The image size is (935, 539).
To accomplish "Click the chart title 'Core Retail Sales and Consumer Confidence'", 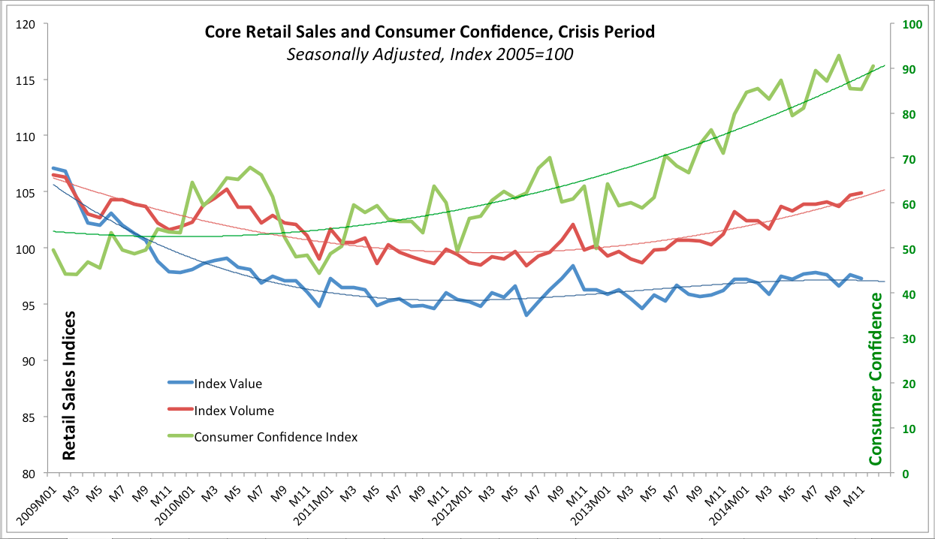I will pyautogui.click(x=430, y=32).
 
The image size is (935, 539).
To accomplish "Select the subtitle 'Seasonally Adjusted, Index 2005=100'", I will pyautogui.click(x=430, y=55).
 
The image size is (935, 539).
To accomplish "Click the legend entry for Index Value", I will pyautogui.click(x=228, y=384).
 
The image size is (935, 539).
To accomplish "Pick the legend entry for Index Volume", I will pyautogui.click(x=234, y=411).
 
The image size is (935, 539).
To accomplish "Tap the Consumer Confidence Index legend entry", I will pyautogui.click(x=275, y=437).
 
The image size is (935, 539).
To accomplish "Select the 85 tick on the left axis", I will pyautogui.click(x=31, y=417).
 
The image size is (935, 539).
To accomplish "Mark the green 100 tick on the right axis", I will pyautogui.click(x=912, y=24).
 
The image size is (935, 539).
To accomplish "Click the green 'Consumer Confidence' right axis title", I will pyautogui.click(x=876, y=378).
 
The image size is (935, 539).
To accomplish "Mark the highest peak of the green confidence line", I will pyautogui.click(x=839, y=56).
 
